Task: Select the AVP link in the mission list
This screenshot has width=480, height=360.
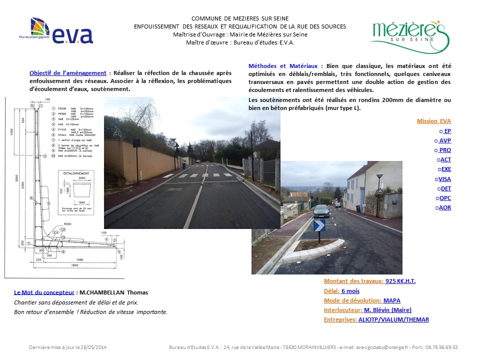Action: [444, 140]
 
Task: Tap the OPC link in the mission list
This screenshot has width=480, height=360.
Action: [444, 197]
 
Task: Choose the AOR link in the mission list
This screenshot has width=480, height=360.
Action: [444, 207]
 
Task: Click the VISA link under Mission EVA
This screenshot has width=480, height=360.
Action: [444, 178]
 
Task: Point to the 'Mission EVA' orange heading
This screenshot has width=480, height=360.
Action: [433, 121]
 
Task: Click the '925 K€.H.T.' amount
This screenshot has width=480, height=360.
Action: [400, 281]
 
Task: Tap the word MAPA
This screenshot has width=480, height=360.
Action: [391, 300]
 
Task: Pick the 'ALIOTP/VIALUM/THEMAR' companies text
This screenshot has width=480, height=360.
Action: [393, 319]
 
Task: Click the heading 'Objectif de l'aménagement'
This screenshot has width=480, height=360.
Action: [68, 72]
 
